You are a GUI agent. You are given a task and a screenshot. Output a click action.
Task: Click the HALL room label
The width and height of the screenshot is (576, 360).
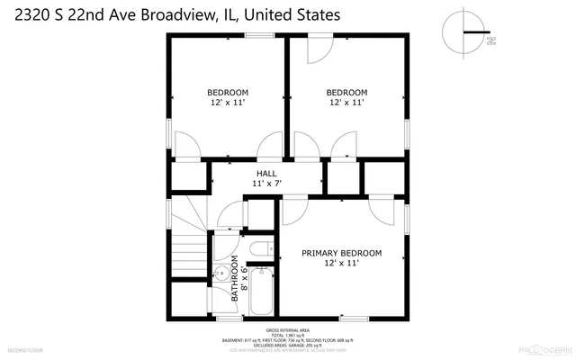tap(266, 173)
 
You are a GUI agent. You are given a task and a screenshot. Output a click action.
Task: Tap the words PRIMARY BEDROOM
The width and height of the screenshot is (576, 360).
tap(341, 253)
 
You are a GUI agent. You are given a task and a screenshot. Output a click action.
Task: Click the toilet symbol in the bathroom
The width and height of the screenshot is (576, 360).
tap(261, 250)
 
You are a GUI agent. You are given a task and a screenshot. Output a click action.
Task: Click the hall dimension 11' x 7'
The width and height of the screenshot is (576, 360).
tap(266, 184)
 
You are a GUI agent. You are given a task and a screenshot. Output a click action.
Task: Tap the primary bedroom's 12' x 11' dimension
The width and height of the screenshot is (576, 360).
tap(341, 264)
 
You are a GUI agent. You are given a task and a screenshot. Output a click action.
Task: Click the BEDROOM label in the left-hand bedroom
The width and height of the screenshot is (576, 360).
tap(228, 92)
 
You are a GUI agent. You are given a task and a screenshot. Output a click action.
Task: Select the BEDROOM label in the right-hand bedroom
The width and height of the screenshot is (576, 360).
tap(346, 92)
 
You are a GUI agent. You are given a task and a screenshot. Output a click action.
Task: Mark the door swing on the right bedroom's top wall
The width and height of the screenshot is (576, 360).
tap(318, 49)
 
